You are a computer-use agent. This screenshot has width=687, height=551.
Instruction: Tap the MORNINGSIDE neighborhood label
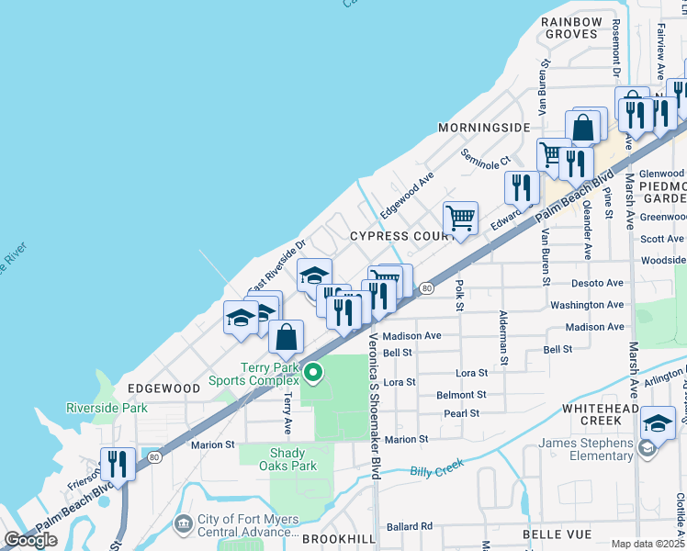point(484,127)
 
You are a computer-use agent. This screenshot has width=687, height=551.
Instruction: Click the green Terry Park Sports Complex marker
point(313,372)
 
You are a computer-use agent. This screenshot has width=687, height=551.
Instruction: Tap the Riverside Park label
point(107,408)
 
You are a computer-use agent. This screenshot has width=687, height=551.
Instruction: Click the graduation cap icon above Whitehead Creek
point(658,422)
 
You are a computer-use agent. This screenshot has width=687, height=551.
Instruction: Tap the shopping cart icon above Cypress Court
point(460,218)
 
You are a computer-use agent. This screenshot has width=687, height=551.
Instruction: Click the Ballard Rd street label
point(410,526)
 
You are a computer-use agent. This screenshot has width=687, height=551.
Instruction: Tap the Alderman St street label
point(503,339)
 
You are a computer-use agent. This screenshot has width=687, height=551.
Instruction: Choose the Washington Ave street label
point(587,305)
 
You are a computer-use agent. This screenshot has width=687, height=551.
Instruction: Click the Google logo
point(31,539)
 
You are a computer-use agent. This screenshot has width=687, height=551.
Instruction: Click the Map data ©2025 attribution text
point(648,544)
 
